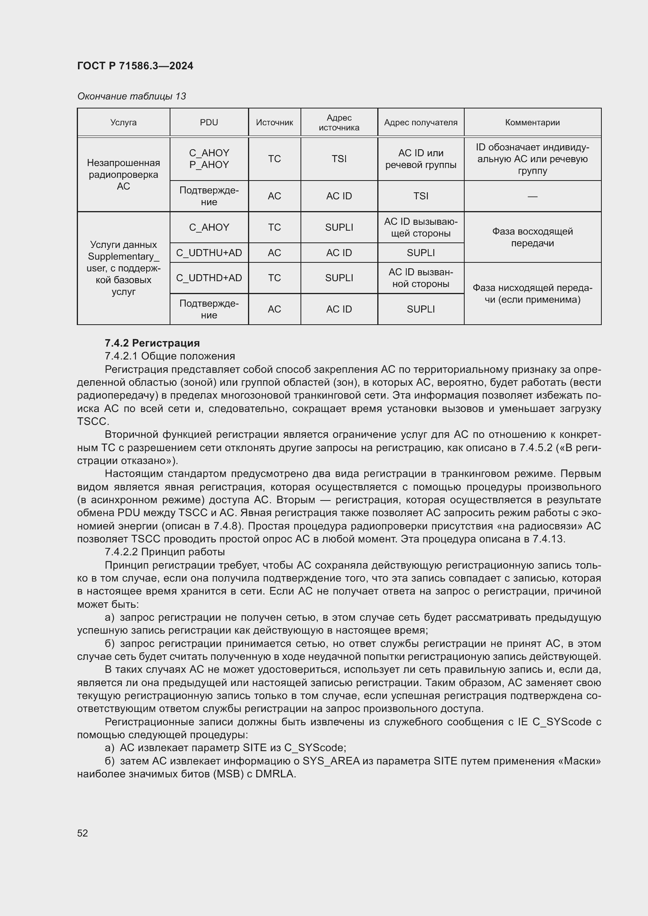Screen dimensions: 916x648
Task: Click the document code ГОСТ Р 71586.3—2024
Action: click(135, 66)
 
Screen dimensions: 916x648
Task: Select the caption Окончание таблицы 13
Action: click(131, 96)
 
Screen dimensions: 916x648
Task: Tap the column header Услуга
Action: click(123, 123)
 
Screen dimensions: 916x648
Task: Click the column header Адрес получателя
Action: click(420, 123)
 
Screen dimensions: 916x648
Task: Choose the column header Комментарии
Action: click(532, 123)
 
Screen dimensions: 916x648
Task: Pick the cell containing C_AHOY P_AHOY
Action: click(209, 159)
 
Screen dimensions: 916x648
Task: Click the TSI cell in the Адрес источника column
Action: click(339, 159)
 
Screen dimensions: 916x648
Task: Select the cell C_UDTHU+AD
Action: click(209, 253)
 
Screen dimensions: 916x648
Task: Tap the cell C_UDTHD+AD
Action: click(209, 278)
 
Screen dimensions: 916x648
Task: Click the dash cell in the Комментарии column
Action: click(532, 196)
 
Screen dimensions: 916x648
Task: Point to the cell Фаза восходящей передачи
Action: click(532, 237)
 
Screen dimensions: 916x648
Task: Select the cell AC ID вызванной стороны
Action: click(420, 278)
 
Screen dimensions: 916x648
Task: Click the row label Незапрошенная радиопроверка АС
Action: click(123, 174)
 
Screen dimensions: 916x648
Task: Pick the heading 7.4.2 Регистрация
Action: click(152, 343)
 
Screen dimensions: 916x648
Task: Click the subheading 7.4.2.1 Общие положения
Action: click(170, 356)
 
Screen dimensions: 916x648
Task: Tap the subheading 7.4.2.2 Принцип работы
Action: click(165, 552)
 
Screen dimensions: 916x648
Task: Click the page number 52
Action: click(83, 833)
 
